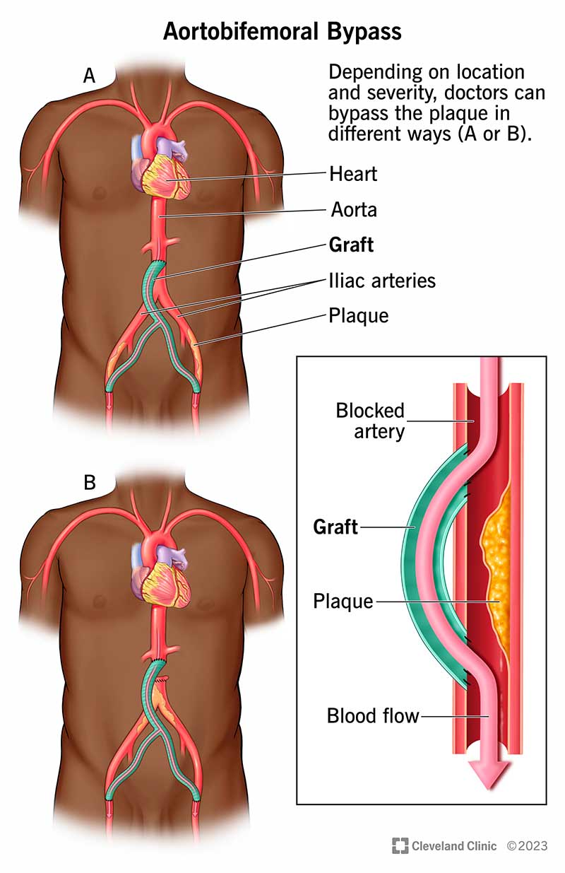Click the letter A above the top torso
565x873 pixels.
(x=90, y=76)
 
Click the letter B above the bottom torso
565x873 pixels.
(x=90, y=483)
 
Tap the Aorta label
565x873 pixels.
(x=353, y=210)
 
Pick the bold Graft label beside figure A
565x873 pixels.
(x=352, y=245)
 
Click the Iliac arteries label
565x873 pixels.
(x=382, y=281)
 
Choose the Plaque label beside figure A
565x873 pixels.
(x=359, y=316)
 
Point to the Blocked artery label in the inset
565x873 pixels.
(x=370, y=421)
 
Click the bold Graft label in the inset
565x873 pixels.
(x=335, y=527)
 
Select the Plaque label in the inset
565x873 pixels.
(x=343, y=602)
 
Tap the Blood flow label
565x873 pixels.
(x=373, y=716)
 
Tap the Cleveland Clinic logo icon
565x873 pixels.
(x=400, y=845)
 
